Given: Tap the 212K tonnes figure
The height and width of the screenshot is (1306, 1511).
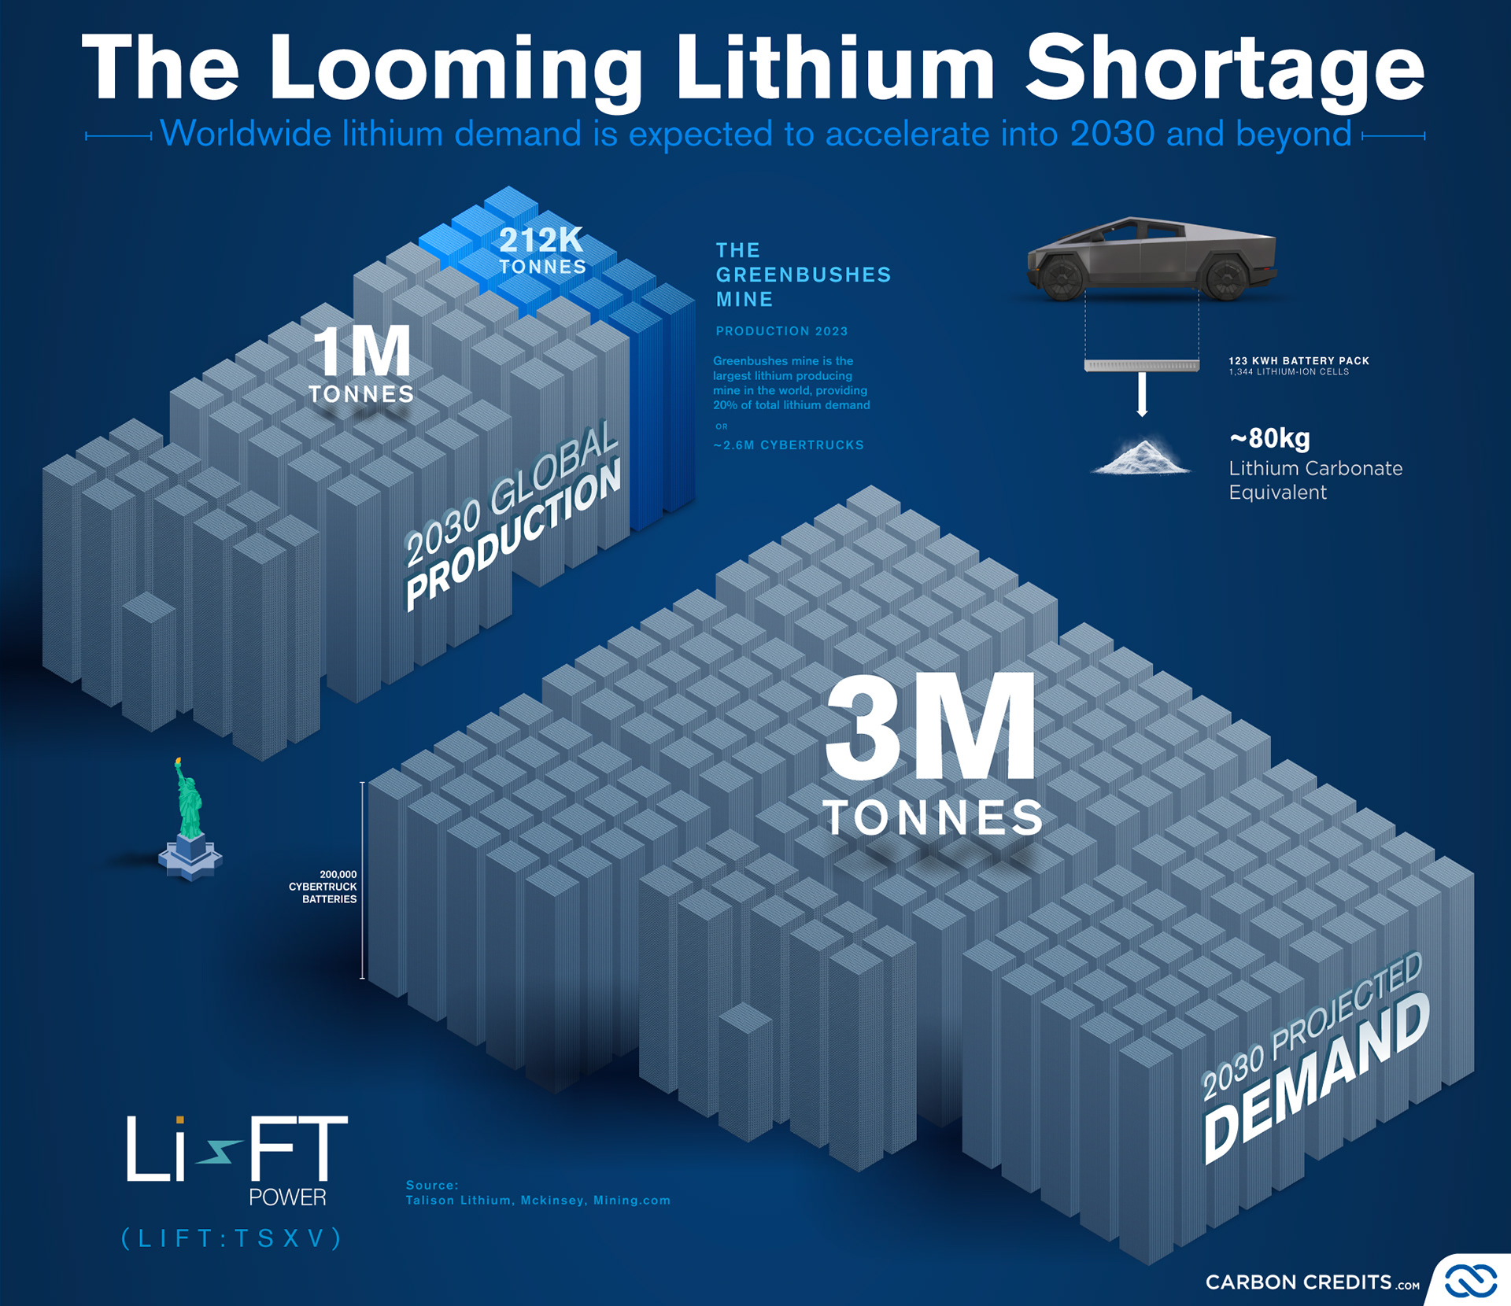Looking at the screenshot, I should pyautogui.click(x=541, y=241).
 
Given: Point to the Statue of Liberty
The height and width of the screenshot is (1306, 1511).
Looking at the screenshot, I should pyautogui.click(x=190, y=818).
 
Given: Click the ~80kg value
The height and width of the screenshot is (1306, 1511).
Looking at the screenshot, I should pyautogui.click(x=1269, y=438).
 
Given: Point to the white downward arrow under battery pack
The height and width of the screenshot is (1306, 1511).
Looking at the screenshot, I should pyautogui.click(x=1142, y=394).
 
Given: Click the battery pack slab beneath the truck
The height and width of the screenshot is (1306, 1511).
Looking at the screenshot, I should pyautogui.click(x=1141, y=365).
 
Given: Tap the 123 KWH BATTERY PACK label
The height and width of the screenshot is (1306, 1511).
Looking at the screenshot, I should pyautogui.click(x=1299, y=360).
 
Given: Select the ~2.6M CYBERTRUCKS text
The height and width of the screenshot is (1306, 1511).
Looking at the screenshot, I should pyautogui.click(x=789, y=445).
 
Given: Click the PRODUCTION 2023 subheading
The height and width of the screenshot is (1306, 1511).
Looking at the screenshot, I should pyautogui.click(x=781, y=331).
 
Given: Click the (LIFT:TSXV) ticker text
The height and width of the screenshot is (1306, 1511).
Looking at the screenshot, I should pyautogui.click(x=232, y=1238).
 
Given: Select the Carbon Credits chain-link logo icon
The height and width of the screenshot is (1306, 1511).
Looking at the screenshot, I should pyautogui.click(x=1469, y=1281).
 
